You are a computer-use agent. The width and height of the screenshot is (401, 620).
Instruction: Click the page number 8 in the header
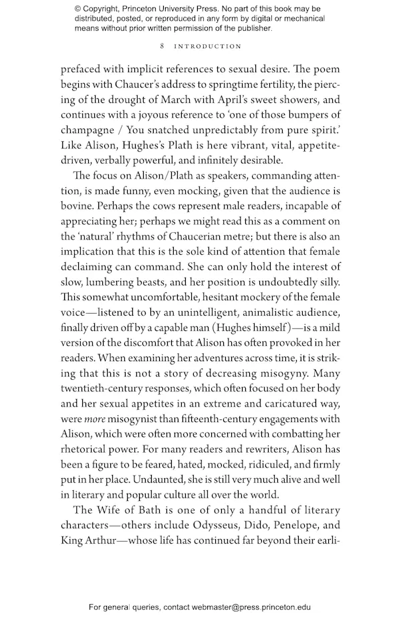point(162,46)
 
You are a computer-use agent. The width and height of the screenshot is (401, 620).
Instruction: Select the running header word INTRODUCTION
point(208,46)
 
